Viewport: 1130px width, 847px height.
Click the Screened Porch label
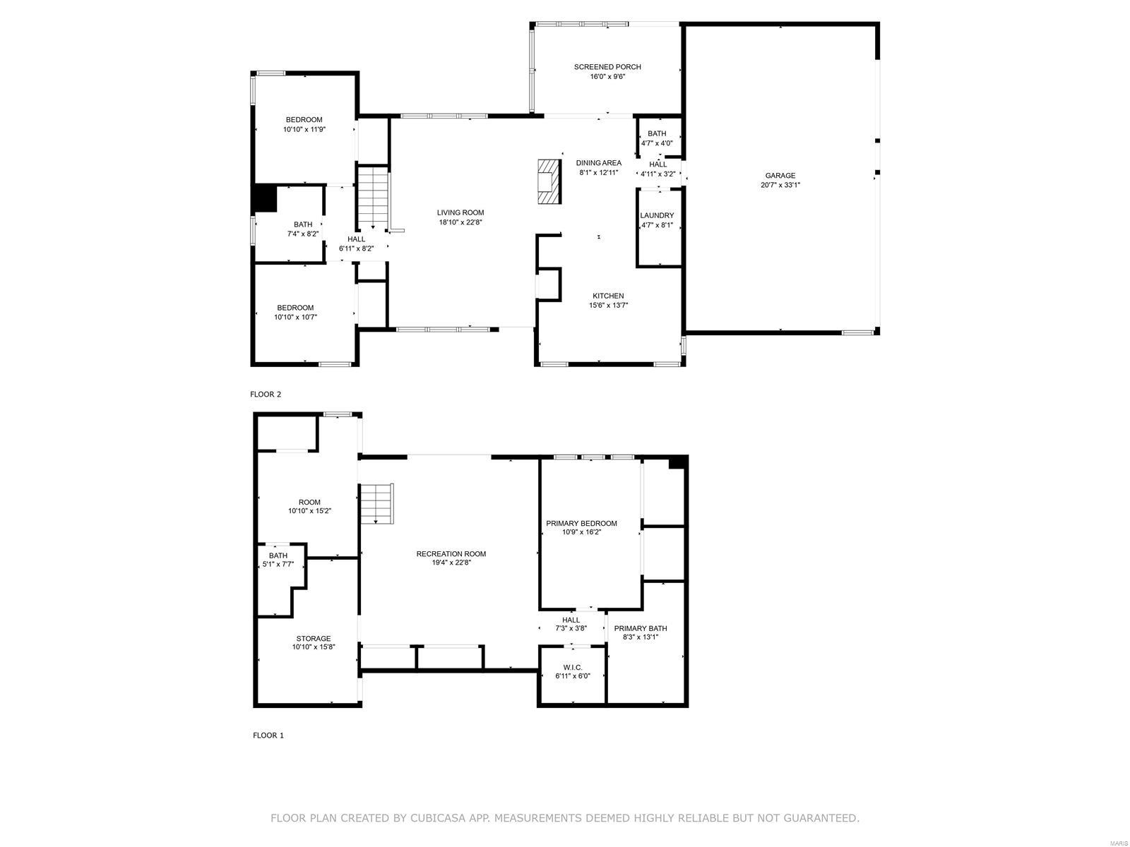(x=607, y=67)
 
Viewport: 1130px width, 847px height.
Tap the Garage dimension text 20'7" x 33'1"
(x=780, y=185)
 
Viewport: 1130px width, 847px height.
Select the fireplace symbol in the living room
(x=547, y=181)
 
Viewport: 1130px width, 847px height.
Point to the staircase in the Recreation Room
(x=376, y=503)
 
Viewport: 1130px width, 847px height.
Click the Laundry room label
(x=657, y=215)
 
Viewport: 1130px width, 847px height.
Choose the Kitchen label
(x=608, y=296)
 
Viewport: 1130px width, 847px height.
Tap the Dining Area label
(x=598, y=163)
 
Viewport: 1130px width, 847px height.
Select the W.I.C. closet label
(x=572, y=667)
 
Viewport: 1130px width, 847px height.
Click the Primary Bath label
(x=640, y=628)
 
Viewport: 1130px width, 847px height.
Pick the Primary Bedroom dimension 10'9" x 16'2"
(x=581, y=532)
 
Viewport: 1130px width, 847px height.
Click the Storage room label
(x=313, y=639)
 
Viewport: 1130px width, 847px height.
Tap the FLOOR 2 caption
(x=266, y=395)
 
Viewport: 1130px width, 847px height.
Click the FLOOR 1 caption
(x=268, y=735)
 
